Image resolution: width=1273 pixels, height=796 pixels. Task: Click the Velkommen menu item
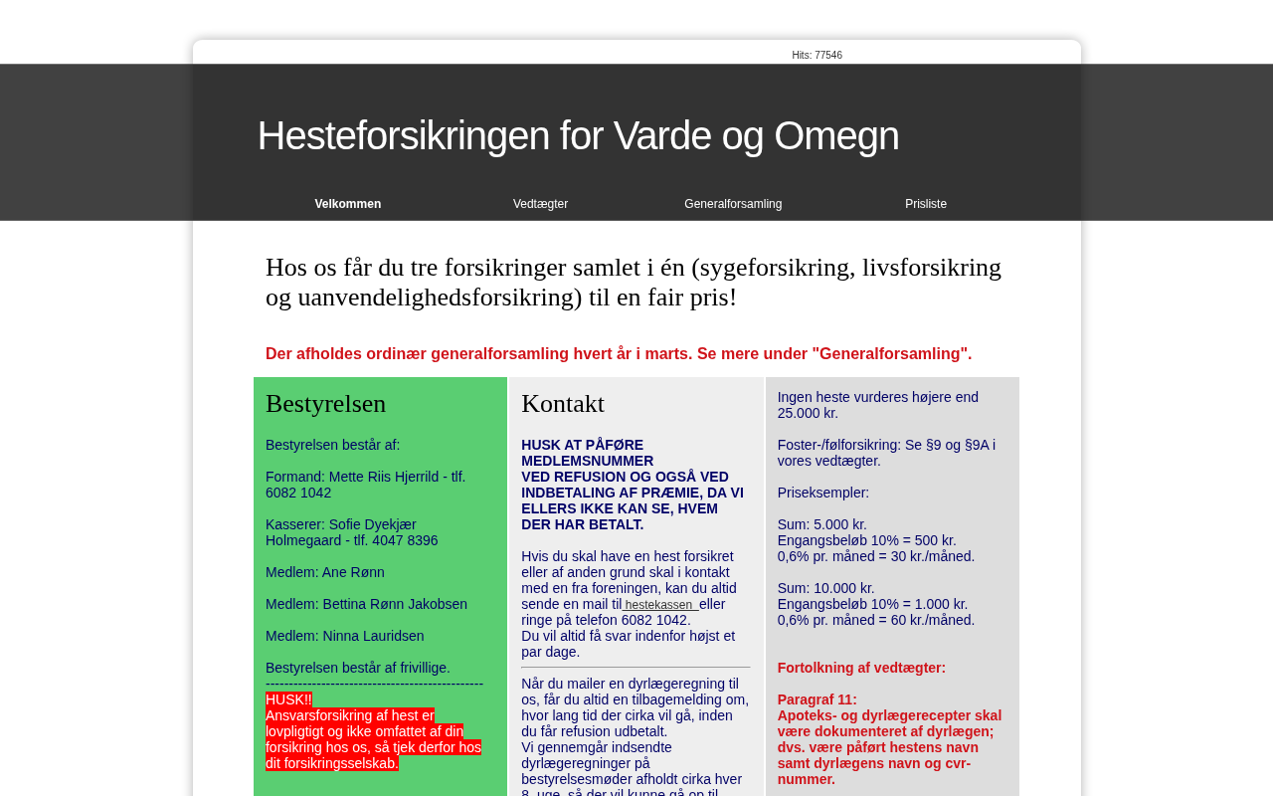[348, 204]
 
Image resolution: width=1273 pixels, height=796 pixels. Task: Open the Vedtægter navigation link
[540, 204]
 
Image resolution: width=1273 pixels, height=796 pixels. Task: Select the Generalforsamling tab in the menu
[733, 204]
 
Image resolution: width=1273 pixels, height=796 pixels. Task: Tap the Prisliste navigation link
[926, 204]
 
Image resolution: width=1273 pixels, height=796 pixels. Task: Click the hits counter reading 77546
[817, 56]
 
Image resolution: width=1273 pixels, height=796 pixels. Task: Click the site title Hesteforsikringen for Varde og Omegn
[578, 135]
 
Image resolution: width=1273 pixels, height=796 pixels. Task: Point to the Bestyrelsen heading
[325, 404]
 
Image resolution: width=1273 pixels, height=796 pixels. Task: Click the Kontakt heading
[563, 404]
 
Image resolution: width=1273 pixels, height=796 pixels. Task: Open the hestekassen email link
[659, 605]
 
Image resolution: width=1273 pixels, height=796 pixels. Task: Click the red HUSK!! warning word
[288, 699]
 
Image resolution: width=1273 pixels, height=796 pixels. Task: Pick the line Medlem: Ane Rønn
[325, 572]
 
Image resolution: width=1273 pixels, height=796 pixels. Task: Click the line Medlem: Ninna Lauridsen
[344, 636]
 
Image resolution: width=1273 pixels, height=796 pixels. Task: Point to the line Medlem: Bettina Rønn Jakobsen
[366, 604]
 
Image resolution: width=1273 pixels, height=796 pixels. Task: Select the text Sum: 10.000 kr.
[825, 588]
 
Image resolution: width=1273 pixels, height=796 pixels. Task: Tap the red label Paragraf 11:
[817, 699]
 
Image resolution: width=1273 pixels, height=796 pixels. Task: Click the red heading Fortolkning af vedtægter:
[861, 668]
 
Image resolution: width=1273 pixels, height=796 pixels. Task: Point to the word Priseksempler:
[822, 493]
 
